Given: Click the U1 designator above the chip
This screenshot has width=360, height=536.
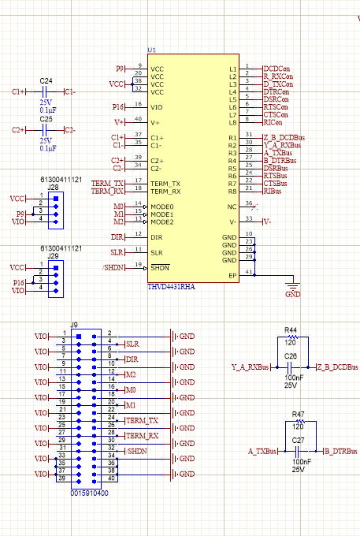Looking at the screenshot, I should click(x=152, y=50).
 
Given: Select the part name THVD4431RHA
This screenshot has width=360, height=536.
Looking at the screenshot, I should click(x=171, y=287).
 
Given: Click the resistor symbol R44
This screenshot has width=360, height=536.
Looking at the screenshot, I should click(x=290, y=337).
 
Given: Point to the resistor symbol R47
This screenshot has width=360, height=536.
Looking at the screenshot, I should click(x=298, y=422).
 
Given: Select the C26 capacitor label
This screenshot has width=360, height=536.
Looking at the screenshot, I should click(x=291, y=355).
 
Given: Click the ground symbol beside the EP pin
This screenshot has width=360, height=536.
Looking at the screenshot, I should click(x=292, y=286).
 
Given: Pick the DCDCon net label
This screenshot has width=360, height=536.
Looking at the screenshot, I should click(x=276, y=69).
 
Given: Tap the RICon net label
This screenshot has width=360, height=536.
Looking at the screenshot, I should click(x=273, y=122).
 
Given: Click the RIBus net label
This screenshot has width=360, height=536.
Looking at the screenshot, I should click(x=273, y=191).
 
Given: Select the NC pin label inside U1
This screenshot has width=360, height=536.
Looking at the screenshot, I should click(x=232, y=207).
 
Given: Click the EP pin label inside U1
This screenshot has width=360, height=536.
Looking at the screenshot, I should click(x=232, y=275).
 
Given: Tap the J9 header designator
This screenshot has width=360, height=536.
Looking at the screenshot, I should click(x=74, y=325).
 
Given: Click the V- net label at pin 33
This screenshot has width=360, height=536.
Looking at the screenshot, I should click(x=267, y=221).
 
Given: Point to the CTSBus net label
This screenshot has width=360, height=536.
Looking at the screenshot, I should click(x=276, y=184).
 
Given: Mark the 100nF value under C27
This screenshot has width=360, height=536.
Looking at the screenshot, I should click(x=299, y=462).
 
